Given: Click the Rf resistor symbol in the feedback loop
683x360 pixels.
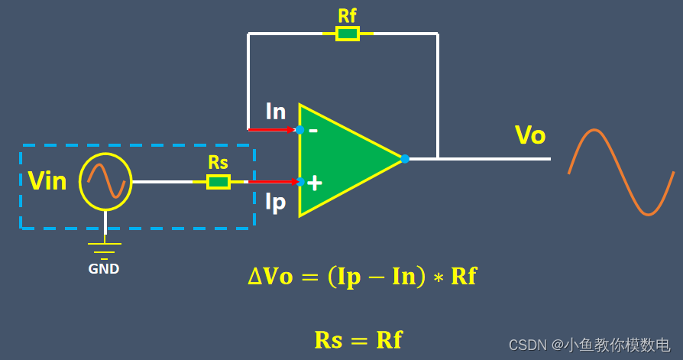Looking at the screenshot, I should click(x=348, y=34).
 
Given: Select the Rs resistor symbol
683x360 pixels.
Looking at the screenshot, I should click(x=218, y=181).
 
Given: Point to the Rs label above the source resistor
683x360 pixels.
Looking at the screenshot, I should click(x=218, y=163).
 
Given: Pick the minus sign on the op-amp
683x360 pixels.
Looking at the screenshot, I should click(x=313, y=131).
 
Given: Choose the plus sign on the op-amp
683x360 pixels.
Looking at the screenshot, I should click(x=314, y=183).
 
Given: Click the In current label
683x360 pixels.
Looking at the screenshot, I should click(x=276, y=112).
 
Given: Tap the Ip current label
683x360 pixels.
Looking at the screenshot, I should click(x=275, y=202).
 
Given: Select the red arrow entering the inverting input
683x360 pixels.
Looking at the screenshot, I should click(x=271, y=130).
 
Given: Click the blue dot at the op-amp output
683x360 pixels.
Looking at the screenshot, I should click(x=405, y=159).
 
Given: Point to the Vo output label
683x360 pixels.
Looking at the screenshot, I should click(x=530, y=135).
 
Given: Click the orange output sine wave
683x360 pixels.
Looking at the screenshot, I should click(x=621, y=173).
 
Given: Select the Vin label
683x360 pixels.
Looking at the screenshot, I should click(x=47, y=181).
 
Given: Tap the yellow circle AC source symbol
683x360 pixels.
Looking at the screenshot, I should click(x=105, y=182).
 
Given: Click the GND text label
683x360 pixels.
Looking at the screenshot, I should click(x=104, y=269).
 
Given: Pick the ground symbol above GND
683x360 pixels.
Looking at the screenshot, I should click(x=104, y=249).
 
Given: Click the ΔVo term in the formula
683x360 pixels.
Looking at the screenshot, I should click(x=270, y=276).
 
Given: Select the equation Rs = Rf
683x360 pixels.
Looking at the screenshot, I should click(x=358, y=339).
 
